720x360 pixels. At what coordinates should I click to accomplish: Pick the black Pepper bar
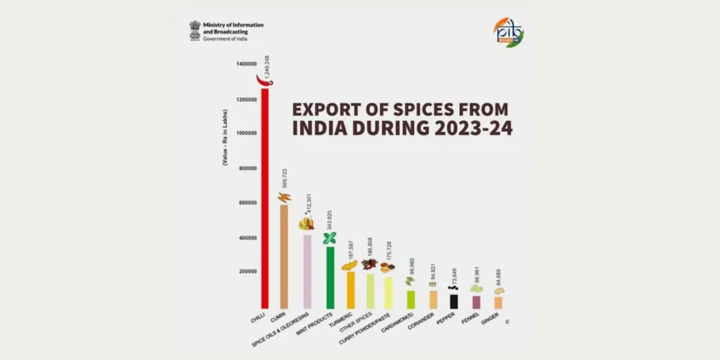(x=454, y=301)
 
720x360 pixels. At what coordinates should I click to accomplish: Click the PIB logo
(x=509, y=30)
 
